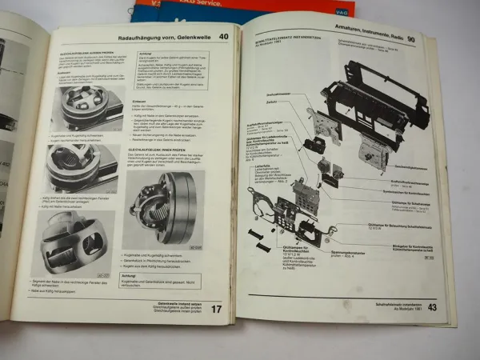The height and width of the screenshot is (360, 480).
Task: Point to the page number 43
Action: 431,306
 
